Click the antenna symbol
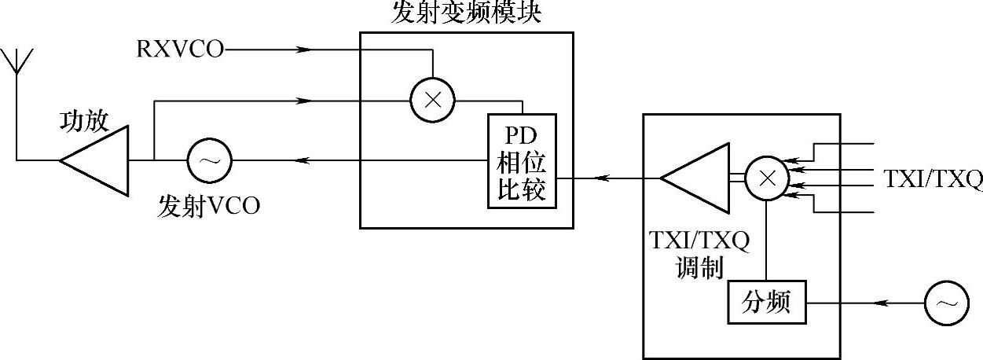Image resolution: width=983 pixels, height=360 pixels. point(17,63)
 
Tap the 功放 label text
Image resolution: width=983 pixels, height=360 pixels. point(84,121)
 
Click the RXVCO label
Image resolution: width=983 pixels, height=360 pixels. point(179,50)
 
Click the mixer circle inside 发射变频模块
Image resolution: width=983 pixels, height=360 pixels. point(433,101)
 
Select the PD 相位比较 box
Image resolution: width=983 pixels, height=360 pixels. point(521,160)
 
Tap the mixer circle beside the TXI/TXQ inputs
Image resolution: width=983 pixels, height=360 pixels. point(766,178)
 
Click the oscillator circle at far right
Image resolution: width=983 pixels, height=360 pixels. point(947,304)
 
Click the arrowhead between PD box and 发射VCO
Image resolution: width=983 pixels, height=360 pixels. point(303,161)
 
